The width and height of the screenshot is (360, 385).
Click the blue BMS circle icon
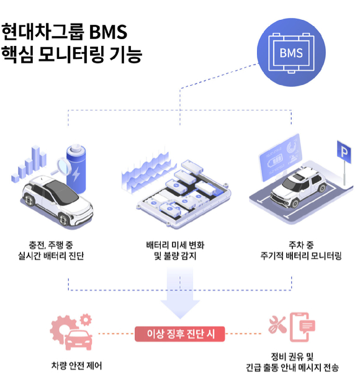291,52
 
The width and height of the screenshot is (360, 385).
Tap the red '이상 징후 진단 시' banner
180,334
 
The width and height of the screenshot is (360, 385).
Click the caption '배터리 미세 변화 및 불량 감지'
180,250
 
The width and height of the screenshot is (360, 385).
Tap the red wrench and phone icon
292,330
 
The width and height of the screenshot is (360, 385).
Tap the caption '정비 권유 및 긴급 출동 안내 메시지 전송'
292,362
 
